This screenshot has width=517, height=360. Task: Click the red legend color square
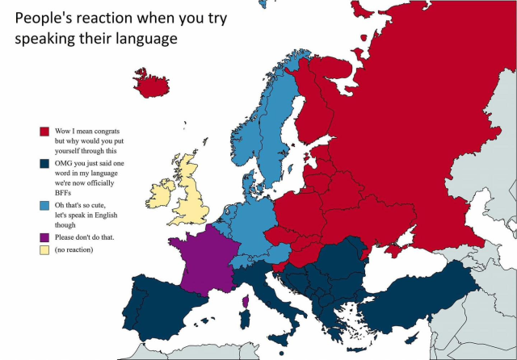click(45, 131)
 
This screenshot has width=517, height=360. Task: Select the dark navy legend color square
click(45, 163)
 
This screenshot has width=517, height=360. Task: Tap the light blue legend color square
click(45, 205)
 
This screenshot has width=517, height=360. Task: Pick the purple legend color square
click(45, 237)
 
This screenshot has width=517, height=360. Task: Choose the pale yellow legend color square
click(45, 250)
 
